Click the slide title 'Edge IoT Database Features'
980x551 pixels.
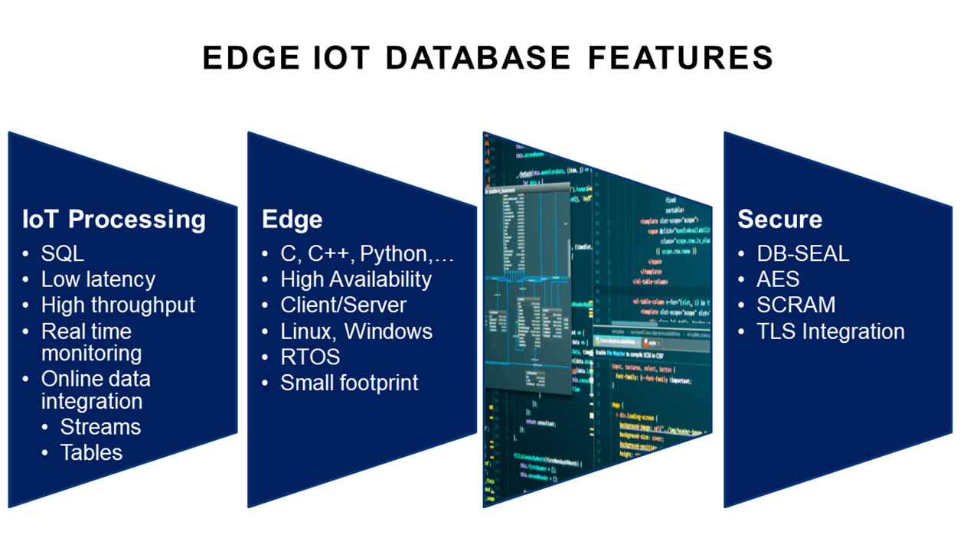tap(488, 59)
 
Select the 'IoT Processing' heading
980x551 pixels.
tap(114, 220)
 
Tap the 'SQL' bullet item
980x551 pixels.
tap(63, 254)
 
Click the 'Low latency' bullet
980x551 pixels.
tap(98, 279)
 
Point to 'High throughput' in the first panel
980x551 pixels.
tap(118, 305)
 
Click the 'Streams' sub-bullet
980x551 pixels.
tap(100, 427)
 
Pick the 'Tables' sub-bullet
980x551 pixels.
tap(91, 452)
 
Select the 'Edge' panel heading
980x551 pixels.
tap(292, 220)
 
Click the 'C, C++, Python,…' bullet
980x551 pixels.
tap(367, 254)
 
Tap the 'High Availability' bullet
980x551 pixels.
tap(356, 279)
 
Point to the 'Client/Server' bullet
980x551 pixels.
tap(343, 305)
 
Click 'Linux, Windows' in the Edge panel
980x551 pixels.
tap(356, 331)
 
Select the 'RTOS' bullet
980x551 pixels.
tap(310, 357)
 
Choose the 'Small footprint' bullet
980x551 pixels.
tap(349, 383)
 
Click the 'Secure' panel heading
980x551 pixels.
tap(779, 220)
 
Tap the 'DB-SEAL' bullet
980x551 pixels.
tap(802, 254)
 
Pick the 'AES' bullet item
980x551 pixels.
tap(778, 279)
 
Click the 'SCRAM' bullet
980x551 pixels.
tap(796, 305)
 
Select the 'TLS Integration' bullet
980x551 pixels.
tap(830, 331)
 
